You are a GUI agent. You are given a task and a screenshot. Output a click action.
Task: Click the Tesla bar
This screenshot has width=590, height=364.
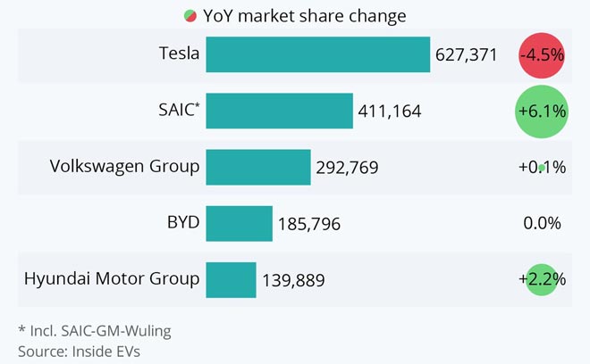[318, 54]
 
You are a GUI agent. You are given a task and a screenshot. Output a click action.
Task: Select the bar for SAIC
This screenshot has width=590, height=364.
[279, 111]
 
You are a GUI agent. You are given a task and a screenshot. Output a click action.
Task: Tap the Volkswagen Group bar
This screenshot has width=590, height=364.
[258, 167]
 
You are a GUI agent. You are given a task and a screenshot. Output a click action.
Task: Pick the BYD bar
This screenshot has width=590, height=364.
[239, 223]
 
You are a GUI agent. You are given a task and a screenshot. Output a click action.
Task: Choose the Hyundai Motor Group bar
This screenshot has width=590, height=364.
[231, 279]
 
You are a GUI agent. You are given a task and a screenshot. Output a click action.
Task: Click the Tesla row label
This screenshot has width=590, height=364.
[179, 54]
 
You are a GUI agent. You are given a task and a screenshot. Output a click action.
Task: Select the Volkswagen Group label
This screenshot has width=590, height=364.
[124, 166]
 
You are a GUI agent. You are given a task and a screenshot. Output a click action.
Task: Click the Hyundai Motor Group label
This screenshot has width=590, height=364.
[112, 278]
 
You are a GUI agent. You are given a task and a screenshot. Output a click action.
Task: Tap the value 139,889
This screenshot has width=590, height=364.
[293, 280]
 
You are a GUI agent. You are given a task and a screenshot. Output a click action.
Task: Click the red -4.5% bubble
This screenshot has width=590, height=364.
[542, 54]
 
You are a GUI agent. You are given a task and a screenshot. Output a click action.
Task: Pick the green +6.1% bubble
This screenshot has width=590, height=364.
[542, 111]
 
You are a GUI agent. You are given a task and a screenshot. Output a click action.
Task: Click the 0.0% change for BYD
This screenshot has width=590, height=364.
[542, 223]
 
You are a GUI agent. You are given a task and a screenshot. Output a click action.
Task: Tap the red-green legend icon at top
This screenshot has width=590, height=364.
[190, 15]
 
